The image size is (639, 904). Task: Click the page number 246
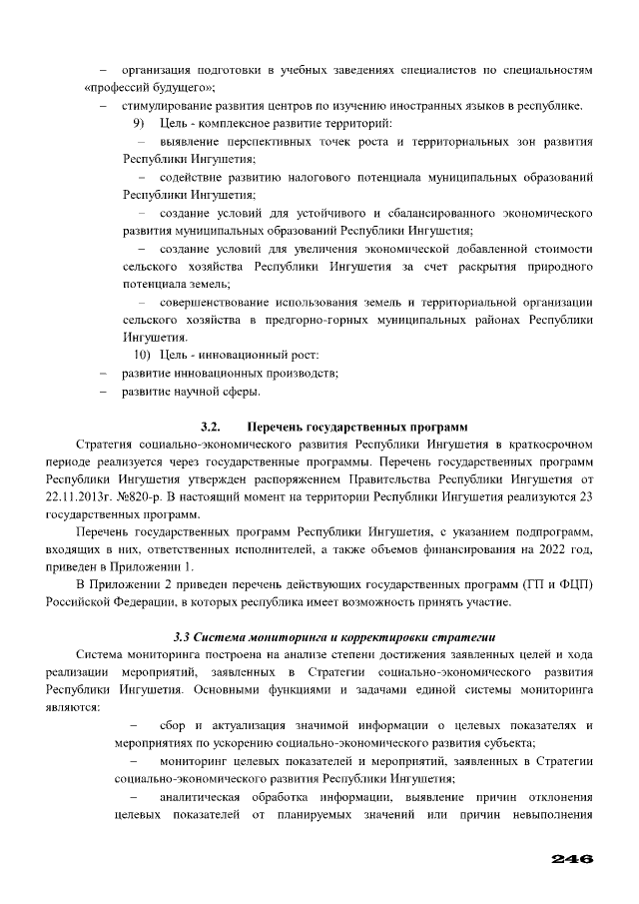pos(572,859)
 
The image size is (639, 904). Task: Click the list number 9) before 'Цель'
pos(139,123)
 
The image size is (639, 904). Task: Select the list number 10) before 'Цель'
pos(142,357)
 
